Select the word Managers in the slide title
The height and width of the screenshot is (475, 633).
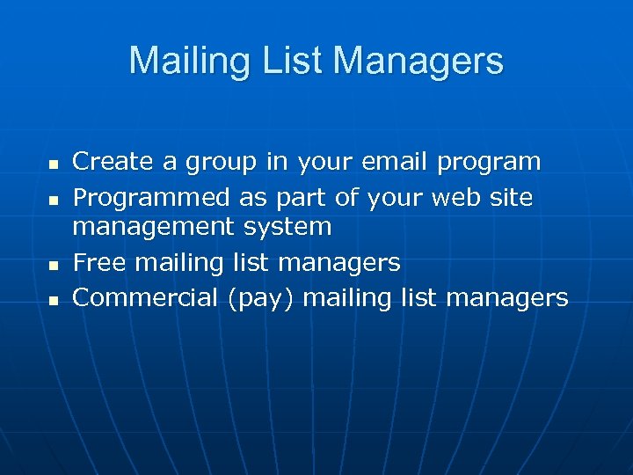pyautogui.click(x=418, y=62)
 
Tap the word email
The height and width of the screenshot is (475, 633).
pyautogui.click(x=385, y=162)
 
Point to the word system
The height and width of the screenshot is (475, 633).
pyautogui.click(x=288, y=227)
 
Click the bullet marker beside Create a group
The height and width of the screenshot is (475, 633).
pyautogui.click(x=53, y=164)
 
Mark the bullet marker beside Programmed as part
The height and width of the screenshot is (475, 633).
pyautogui.click(x=53, y=201)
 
